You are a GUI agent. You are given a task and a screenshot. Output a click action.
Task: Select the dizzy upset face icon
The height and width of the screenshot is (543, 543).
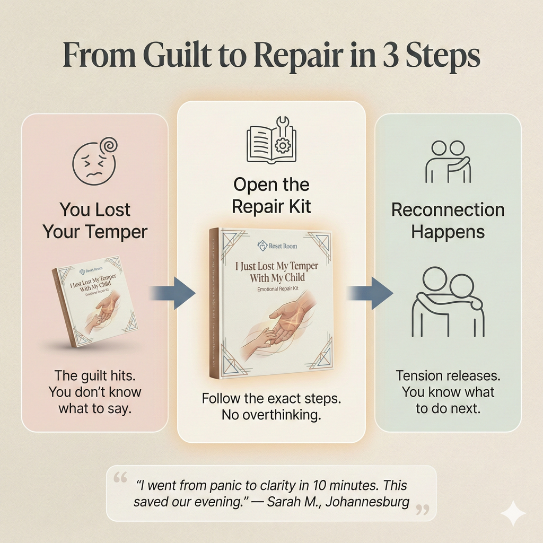click(x=94, y=161)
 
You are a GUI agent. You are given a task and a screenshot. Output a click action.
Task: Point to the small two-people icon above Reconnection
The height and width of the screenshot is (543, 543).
click(x=448, y=162)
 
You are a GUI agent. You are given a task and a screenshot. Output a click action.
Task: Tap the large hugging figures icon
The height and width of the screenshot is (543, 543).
click(x=448, y=302)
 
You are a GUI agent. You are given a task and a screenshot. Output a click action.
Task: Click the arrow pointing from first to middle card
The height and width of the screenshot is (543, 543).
click(x=172, y=293)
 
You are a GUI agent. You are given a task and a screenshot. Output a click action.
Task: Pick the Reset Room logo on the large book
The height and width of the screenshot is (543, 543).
click(x=271, y=246)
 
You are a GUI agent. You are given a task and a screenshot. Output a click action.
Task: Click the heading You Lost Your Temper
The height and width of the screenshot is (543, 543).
click(x=95, y=221)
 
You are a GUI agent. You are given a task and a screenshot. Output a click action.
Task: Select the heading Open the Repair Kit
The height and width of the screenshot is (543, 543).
click(x=271, y=196)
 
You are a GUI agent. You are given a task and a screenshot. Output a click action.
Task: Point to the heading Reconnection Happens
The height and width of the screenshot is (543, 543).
click(x=448, y=221)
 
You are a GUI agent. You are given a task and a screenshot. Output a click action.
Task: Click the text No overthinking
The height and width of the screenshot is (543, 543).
click(x=271, y=415)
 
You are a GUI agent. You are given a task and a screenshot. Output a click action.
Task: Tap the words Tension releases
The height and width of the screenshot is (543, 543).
click(x=448, y=376)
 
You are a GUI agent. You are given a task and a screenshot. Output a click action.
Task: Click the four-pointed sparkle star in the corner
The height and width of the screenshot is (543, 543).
click(x=513, y=513)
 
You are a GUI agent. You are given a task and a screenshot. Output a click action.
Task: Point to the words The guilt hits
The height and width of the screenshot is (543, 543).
click(x=95, y=376)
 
